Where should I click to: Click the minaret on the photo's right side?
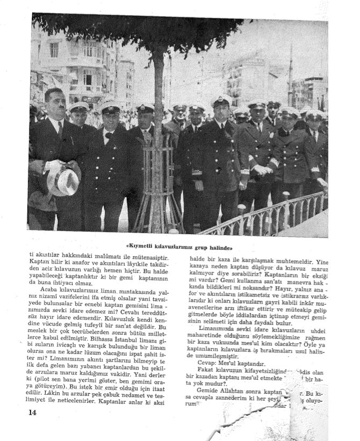point(291,70)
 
